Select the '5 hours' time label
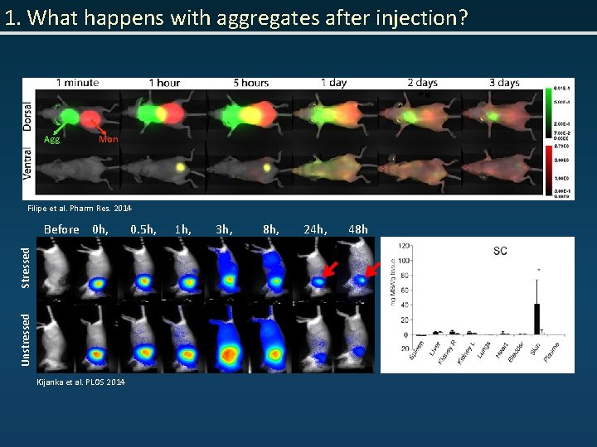coord(250,83)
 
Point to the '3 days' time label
coord(503,83)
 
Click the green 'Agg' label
coord(51,140)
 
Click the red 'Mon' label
coord(108,140)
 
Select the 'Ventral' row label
coord(29,171)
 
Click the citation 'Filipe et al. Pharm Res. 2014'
coord(80,208)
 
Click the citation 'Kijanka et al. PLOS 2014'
coord(81,382)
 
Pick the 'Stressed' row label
coord(26,267)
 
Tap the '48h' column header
coord(358,229)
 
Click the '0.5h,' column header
coord(143,229)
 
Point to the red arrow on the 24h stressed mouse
coord(330,268)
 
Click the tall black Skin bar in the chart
coord(536,319)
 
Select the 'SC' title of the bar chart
coord(500,250)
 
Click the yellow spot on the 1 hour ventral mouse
coord(179,166)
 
